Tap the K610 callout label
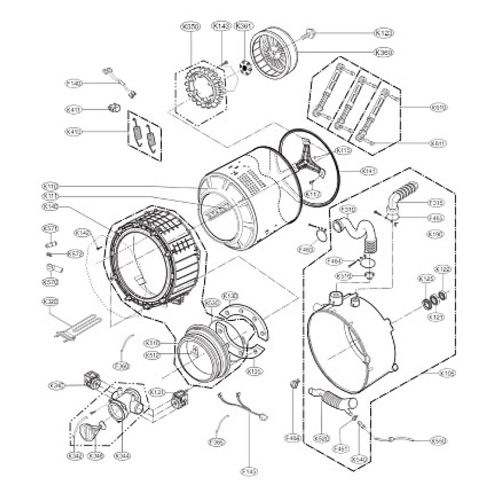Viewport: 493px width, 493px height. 438,107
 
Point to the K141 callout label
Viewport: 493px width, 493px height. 369,171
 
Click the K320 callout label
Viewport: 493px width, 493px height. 48,301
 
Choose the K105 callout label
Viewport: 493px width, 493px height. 447,373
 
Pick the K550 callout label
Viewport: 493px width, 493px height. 438,440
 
